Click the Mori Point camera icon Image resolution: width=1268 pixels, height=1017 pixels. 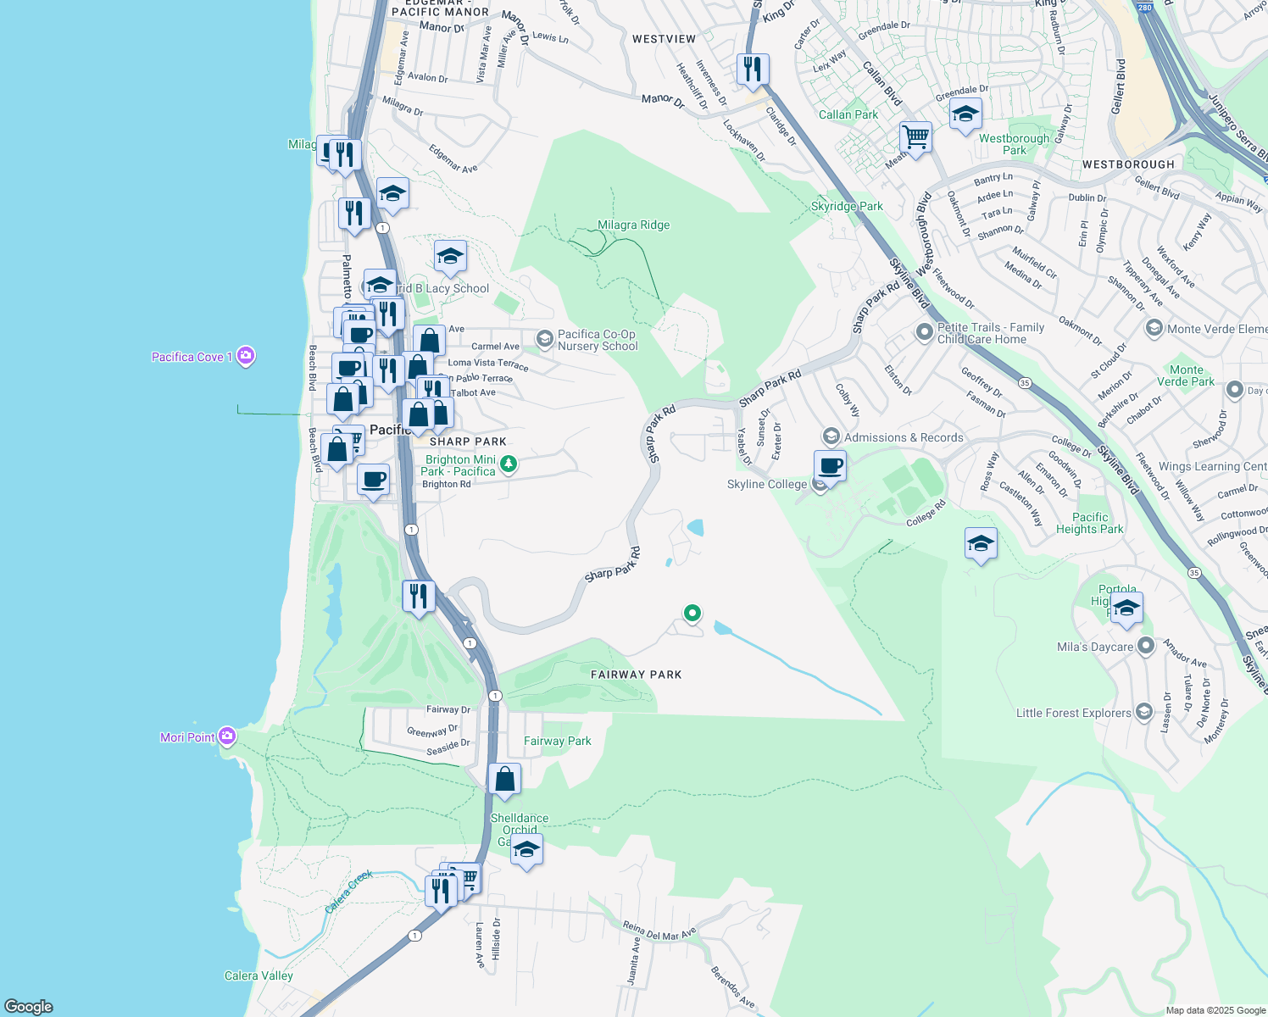pos(227,736)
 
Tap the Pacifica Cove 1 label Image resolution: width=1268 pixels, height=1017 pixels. pos(192,357)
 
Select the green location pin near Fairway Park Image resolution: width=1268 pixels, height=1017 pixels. pos(692,613)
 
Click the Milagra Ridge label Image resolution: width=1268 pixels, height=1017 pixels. pos(633,225)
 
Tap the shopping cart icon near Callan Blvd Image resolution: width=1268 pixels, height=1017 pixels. pos(916,136)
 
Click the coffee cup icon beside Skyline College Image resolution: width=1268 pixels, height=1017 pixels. pos(831,465)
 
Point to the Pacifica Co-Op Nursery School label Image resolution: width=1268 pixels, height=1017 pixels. pos(597,340)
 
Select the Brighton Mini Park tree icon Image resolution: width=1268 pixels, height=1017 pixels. pos(509,464)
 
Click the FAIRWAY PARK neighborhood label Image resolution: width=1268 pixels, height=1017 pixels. pos(636,675)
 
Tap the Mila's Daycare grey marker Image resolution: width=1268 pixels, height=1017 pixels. pos(1146,647)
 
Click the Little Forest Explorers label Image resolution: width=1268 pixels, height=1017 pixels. pos(1073,713)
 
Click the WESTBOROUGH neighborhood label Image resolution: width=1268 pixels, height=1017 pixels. pos(1128,164)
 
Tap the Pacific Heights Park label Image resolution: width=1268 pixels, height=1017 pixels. pos(1089,523)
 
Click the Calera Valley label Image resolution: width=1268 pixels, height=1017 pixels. pos(259,975)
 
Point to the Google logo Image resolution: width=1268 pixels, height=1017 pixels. pos(29,1007)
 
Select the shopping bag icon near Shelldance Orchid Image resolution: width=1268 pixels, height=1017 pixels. pos(505,779)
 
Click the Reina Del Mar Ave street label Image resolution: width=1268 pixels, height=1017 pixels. pos(659,931)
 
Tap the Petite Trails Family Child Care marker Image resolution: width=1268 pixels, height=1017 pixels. pos(925,332)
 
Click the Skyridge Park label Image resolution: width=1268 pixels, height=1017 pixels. pos(847,206)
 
